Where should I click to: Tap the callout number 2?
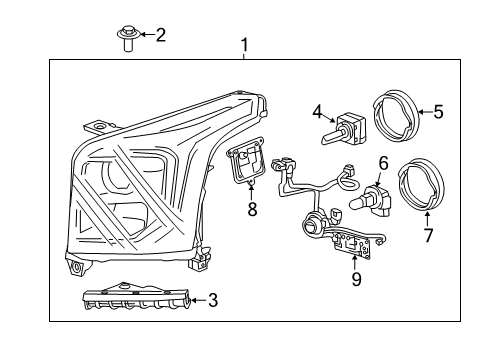click(x=161, y=35)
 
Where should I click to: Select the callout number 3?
click(x=213, y=299)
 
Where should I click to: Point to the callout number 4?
click(x=317, y=111)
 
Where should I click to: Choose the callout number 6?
click(x=383, y=161)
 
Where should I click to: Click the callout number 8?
click(x=252, y=209)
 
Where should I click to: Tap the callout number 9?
click(x=356, y=281)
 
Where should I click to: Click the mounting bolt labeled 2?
click(x=126, y=40)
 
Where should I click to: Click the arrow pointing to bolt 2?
click(x=145, y=35)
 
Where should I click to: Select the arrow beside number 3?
click(x=196, y=299)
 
